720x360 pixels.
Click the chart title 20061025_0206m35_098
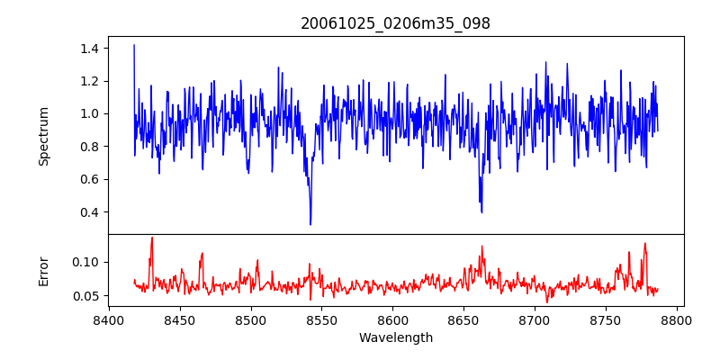click(x=395, y=23)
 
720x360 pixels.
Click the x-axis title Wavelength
click(x=395, y=338)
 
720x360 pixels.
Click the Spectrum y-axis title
click(x=43, y=136)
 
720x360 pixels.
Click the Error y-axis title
click(x=43, y=271)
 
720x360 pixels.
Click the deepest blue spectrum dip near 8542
click(x=310, y=223)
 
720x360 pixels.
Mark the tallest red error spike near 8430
click(x=152, y=238)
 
